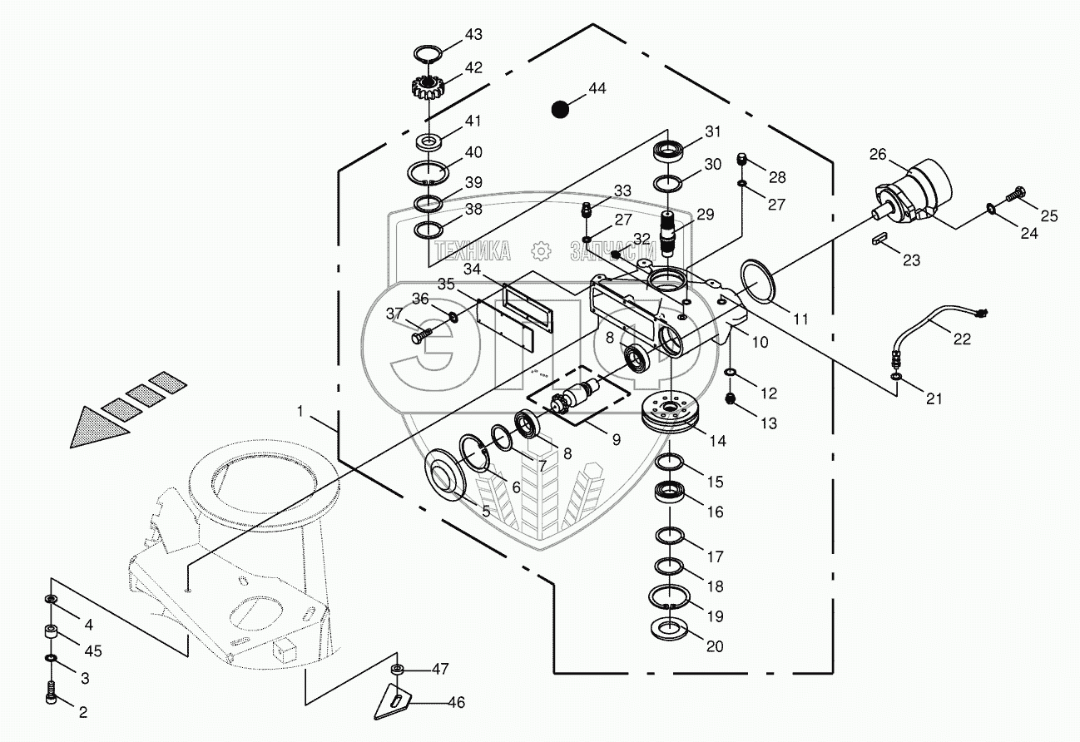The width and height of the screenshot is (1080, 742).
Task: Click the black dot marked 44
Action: tap(560, 108)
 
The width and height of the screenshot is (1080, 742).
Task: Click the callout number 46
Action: tap(456, 703)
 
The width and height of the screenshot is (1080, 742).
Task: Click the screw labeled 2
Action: tap(52, 691)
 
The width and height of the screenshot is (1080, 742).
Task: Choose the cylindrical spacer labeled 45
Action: tap(52, 634)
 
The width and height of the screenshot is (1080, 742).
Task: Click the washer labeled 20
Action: tap(671, 628)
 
